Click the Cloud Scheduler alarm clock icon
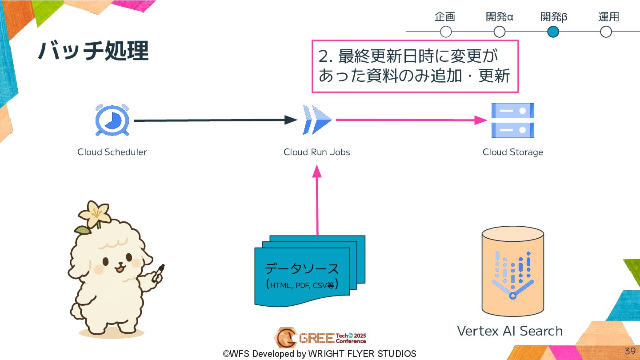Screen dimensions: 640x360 click(x=112, y=120)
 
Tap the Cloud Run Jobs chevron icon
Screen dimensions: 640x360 click(x=317, y=120)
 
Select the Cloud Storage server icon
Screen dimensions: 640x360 click(x=512, y=120)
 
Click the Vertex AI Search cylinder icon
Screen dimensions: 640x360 click(x=512, y=271)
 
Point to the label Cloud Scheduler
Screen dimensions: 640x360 click(x=112, y=152)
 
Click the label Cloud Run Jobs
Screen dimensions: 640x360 click(x=317, y=152)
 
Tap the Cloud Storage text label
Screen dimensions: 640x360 click(x=512, y=152)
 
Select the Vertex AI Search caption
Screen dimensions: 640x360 click(x=510, y=331)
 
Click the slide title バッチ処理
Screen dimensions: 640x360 click(x=93, y=51)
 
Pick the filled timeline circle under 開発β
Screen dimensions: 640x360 click(x=553, y=32)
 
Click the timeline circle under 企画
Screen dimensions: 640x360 click(x=446, y=32)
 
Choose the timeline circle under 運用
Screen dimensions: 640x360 click(x=606, y=32)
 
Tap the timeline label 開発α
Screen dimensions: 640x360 click(x=500, y=17)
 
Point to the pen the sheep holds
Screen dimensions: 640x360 click(x=159, y=272)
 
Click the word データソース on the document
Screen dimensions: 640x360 click(x=302, y=269)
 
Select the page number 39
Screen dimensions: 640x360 click(x=630, y=351)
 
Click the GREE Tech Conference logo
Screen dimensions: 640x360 click(x=320, y=338)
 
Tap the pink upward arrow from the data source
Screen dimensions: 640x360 click(x=317, y=200)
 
